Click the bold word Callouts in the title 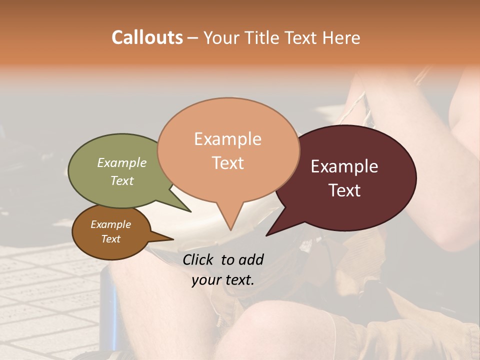147,37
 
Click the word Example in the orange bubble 227,139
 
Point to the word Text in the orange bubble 227,163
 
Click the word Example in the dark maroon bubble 344,166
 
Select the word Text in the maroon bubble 344,190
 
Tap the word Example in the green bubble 122,163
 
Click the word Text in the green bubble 122,180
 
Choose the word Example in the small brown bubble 110,224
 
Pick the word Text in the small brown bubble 110,239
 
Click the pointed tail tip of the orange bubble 230,229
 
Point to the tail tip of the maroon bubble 266,235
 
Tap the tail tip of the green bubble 190,211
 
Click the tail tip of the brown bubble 173,239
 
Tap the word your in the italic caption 205,280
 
